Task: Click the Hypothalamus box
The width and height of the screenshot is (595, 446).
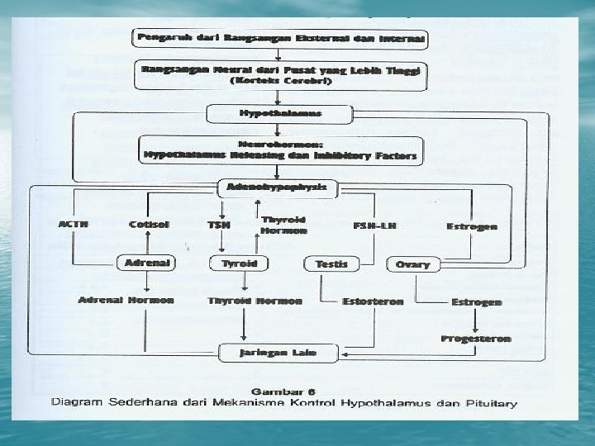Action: pos(280,112)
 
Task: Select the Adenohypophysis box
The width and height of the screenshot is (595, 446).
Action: pos(277,188)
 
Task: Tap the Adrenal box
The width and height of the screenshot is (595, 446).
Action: pos(146,263)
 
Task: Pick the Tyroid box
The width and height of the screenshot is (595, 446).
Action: pos(239,263)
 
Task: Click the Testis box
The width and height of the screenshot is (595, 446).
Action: pos(331,264)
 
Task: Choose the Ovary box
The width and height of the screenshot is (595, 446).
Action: pos(413,264)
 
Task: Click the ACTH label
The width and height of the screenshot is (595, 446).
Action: pos(74,225)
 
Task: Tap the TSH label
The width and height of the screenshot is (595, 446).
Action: pos(218,225)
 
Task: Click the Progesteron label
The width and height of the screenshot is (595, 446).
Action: pos(475,339)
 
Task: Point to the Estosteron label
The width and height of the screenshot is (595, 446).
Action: pos(373,301)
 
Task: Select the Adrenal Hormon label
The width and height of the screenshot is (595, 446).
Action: pos(126,300)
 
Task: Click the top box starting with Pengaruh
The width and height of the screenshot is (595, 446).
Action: pos(280,38)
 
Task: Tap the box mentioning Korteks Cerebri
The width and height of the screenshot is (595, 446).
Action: pos(280,77)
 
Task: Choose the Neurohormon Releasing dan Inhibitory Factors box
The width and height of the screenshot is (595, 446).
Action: pos(280,149)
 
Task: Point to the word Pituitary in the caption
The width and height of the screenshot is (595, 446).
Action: pos(488,404)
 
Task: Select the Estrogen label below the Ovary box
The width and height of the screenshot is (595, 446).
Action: pos(476,302)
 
